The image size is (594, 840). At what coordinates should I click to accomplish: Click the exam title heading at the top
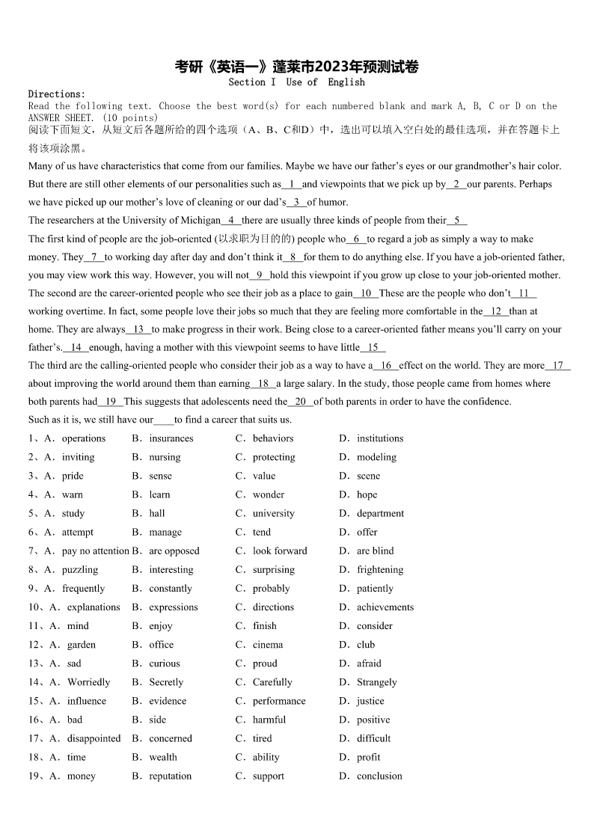[x=297, y=67]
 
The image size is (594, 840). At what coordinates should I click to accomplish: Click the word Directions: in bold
[x=57, y=94]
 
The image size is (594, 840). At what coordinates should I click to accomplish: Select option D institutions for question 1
[x=379, y=438]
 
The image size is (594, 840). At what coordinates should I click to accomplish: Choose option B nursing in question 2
[x=165, y=457]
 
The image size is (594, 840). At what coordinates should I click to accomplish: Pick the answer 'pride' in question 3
[x=73, y=476]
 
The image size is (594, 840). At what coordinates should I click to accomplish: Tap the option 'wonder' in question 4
[x=268, y=494]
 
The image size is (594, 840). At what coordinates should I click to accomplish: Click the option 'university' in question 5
[x=273, y=513]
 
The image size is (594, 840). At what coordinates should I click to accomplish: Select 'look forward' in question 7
[x=279, y=551]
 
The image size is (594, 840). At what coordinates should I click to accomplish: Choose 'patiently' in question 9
[x=375, y=589]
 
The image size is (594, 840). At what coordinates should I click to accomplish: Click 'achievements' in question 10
[x=385, y=607]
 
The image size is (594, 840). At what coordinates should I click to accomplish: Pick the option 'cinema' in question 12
[x=267, y=645]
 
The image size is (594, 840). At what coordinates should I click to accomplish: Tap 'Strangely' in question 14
[x=376, y=682]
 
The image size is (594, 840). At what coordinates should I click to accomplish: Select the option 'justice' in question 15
[x=370, y=701]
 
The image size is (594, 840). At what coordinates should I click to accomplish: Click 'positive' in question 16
[x=373, y=720]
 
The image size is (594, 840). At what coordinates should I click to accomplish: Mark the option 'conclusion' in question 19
[x=379, y=776]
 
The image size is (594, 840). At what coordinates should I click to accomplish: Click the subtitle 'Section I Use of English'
[x=297, y=82]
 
